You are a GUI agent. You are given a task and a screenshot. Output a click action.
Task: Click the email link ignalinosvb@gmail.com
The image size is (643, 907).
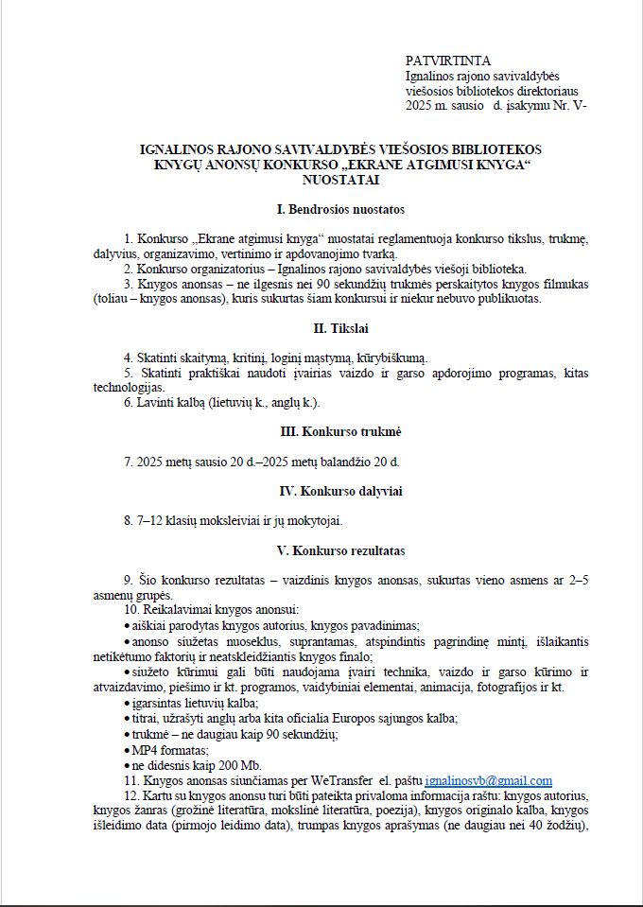point(489,780)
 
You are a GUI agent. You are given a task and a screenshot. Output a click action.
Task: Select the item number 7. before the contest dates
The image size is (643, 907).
point(129,462)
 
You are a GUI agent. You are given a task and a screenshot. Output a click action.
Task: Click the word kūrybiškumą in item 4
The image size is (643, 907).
point(388,358)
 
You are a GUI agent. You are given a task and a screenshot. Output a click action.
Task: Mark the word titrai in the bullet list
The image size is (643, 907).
point(146,719)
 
